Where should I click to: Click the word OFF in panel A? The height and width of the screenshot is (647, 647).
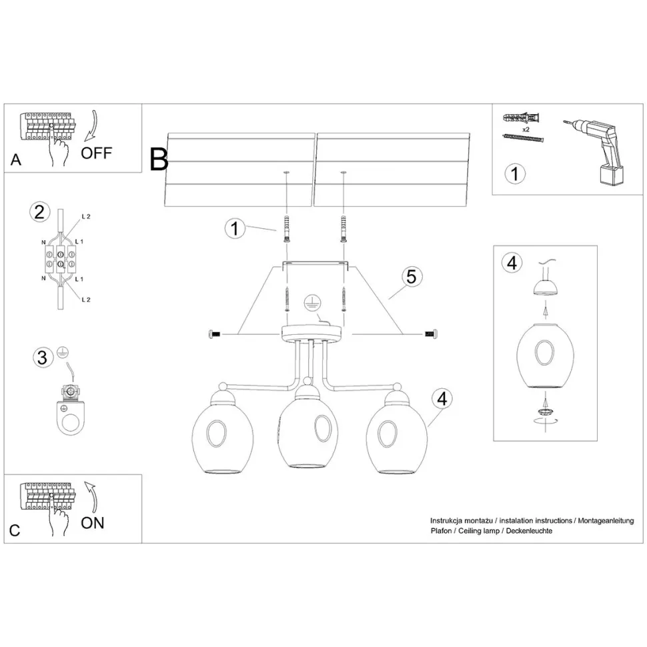[x=97, y=153]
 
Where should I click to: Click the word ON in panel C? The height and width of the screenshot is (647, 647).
[x=93, y=522]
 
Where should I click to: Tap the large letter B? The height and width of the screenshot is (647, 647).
[x=159, y=159]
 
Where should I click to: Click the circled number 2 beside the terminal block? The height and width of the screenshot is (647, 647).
[x=39, y=212]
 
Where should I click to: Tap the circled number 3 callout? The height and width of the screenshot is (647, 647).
[x=42, y=358]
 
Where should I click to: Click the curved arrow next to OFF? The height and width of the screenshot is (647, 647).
[x=92, y=127]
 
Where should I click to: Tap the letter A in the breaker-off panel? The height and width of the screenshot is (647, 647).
[x=16, y=160]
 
